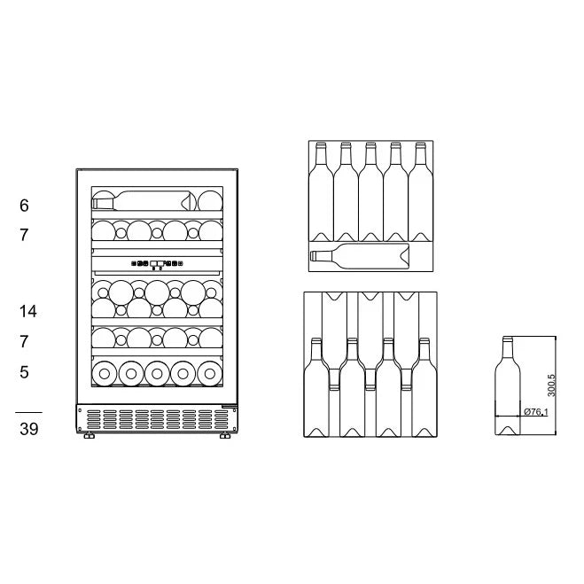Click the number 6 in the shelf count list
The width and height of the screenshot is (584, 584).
coord(24,206)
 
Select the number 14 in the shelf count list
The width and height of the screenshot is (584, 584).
coord(27,311)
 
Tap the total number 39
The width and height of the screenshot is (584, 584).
coord(27,429)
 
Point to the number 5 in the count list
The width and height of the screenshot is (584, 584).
coord(24,372)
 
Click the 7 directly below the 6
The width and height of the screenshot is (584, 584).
coord(24,236)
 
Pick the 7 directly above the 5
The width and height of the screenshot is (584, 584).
coord(24,341)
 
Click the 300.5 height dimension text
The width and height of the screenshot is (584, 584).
coord(550,385)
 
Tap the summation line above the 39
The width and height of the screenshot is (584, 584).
coord(27,412)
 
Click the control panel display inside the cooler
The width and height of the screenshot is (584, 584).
coord(156,262)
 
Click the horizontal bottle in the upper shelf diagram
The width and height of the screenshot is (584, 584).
coord(359,257)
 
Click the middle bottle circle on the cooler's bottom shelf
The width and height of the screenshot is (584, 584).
coord(157,373)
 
